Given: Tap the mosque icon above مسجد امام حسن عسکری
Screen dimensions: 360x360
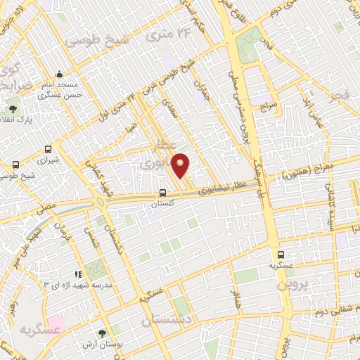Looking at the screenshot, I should [x=60, y=75].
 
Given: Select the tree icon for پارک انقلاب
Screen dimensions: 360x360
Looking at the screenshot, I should [x=13, y=109].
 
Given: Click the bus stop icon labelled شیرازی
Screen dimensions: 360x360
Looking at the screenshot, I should [x=49, y=149].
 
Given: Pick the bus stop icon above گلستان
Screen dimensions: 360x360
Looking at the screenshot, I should [x=162, y=193].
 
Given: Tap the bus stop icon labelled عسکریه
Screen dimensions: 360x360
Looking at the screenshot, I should [x=281, y=255].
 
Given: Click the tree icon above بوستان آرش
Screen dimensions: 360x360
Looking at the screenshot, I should [x=103, y=334].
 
